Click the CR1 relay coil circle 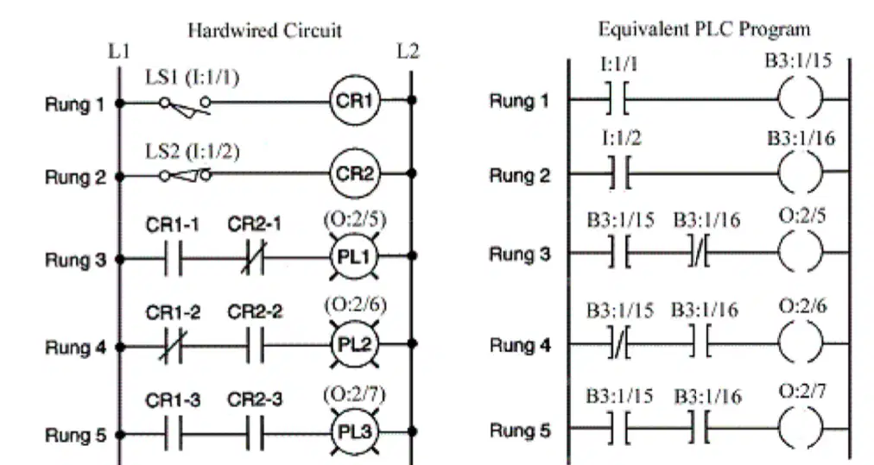[x=354, y=100]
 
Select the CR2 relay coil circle [x=354, y=173]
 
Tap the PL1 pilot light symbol [x=354, y=256]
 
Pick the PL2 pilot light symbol [x=354, y=344]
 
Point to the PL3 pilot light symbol [x=354, y=431]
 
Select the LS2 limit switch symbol [x=185, y=176]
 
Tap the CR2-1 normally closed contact [x=254, y=258]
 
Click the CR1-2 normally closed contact [x=173, y=347]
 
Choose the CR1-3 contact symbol [x=174, y=434]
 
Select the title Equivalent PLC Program [x=704, y=29]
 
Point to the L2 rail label [x=408, y=51]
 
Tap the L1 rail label [x=119, y=51]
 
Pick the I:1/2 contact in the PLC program [x=619, y=173]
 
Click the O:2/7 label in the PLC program [x=802, y=391]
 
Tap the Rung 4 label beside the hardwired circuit [x=75, y=348]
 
